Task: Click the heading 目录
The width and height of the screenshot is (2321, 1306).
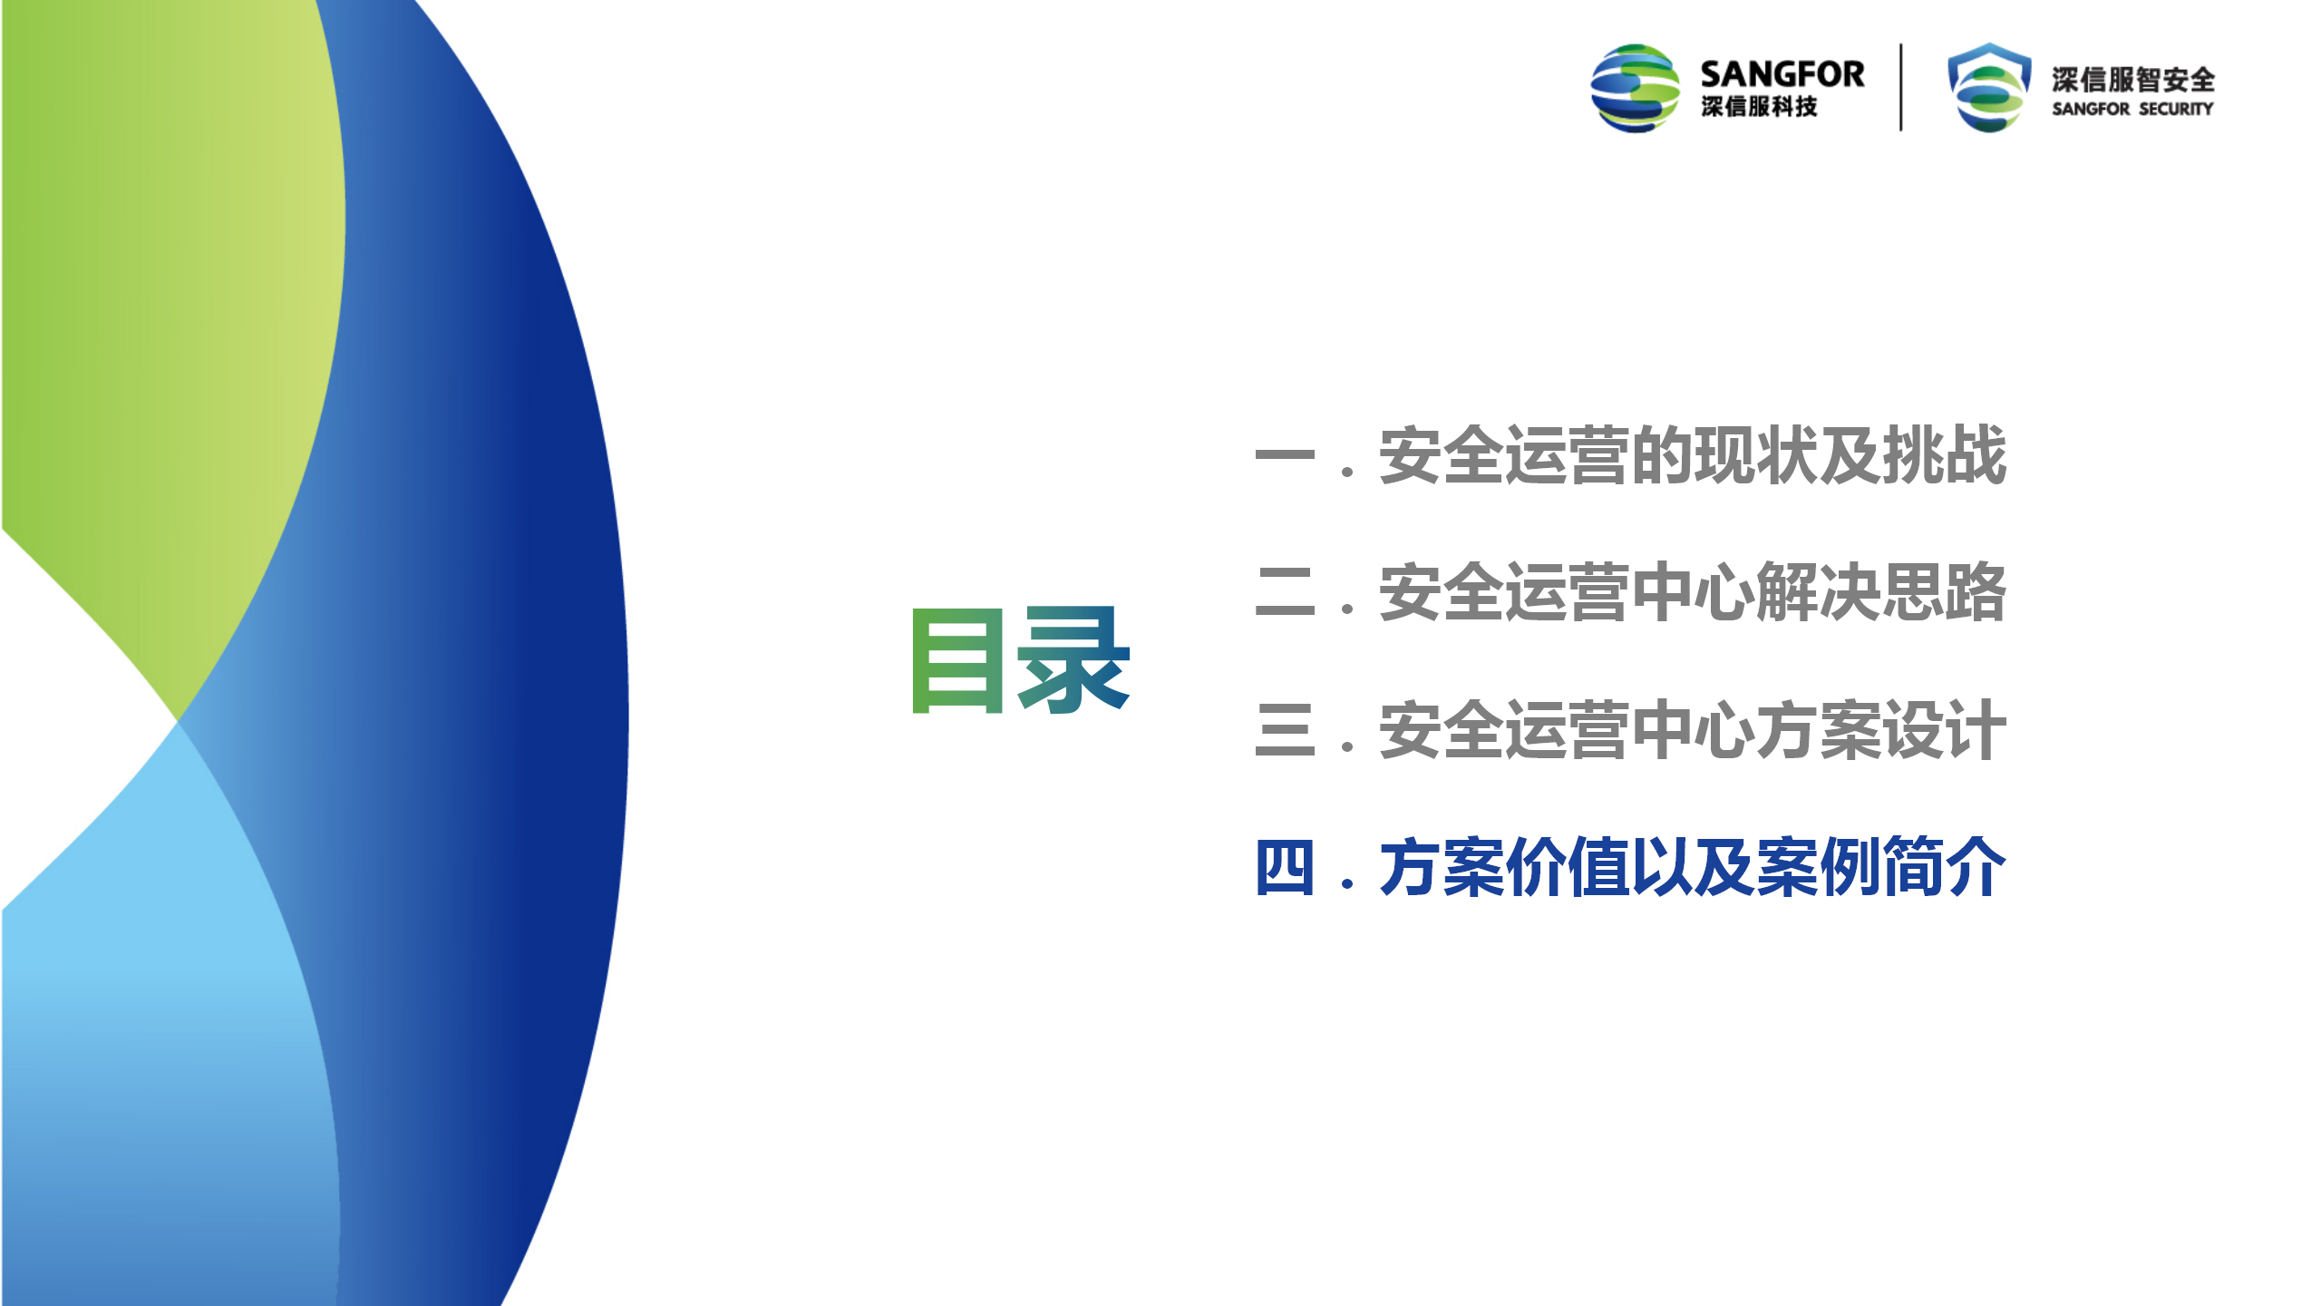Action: click(1021, 659)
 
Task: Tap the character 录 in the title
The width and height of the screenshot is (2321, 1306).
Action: click(1074, 659)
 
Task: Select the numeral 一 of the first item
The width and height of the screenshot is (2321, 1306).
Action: click(1285, 455)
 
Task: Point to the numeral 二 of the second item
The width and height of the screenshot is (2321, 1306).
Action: click(1285, 592)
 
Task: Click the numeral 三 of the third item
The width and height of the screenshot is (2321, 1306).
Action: click(1285, 730)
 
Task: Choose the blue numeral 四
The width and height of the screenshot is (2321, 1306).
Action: click(1285, 868)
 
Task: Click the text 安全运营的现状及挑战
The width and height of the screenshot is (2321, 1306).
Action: click(1693, 455)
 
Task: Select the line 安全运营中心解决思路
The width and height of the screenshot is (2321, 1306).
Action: click(1693, 592)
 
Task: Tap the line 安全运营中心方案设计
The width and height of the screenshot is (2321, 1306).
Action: click(1693, 730)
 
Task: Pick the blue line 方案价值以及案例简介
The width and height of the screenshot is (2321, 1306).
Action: click(1693, 868)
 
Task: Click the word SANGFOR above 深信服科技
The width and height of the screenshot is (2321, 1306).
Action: click(1782, 74)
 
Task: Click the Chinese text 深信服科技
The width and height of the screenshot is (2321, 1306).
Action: click(1759, 107)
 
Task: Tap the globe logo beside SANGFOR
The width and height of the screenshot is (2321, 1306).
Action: click(1636, 88)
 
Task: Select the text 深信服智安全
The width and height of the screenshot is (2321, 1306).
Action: click(2133, 80)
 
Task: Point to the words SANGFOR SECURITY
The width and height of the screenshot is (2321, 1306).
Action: click(2133, 109)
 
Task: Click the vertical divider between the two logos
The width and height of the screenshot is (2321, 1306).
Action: click(1901, 87)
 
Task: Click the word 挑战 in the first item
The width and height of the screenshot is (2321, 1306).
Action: click(1945, 455)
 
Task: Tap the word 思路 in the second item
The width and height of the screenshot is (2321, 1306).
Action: click(1945, 592)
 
